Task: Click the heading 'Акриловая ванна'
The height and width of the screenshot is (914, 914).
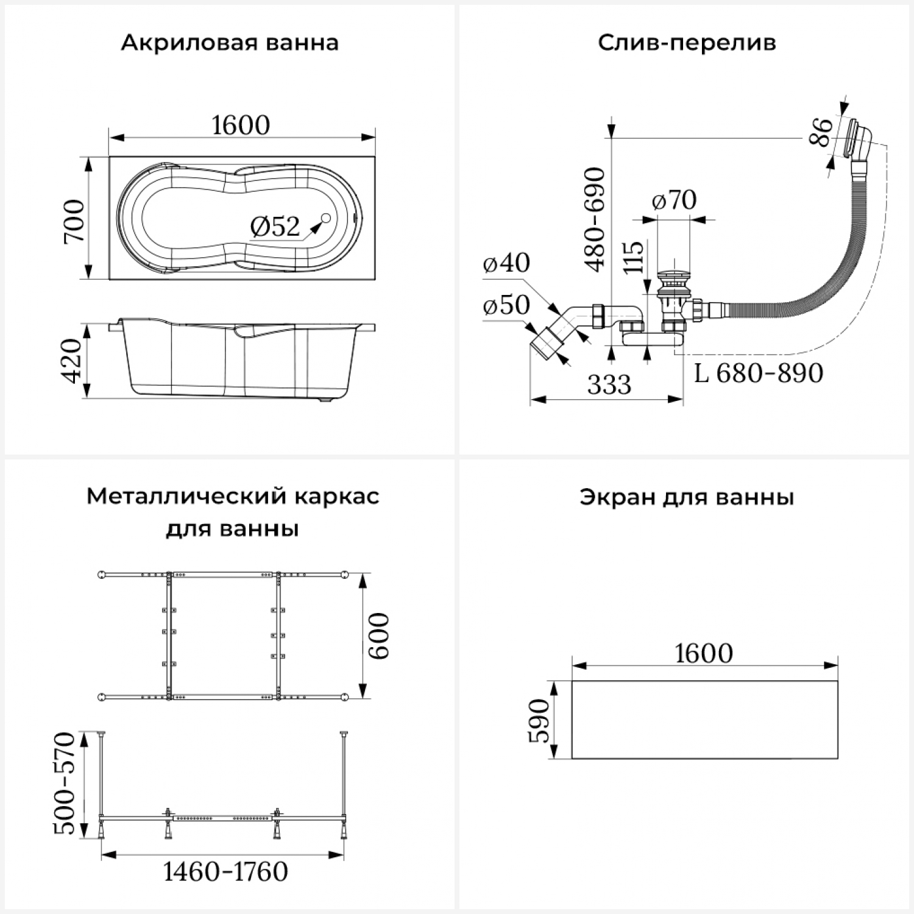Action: click(229, 43)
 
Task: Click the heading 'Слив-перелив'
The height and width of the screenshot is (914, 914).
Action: click(686, 43)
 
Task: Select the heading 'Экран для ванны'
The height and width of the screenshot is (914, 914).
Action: click(686, 497)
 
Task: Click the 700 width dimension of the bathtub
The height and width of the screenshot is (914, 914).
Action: click(75, 221)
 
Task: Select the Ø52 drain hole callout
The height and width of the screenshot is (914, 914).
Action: click(275, 227)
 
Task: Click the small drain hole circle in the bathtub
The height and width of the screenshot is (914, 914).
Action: click(325, 219)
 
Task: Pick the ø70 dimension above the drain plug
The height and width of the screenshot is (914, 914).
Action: click(674, 200)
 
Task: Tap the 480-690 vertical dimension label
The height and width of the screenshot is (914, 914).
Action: click(595, 219)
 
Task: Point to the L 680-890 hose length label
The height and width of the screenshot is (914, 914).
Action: click(759, 373)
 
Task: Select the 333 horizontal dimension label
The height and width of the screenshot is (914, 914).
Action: click(609, 384)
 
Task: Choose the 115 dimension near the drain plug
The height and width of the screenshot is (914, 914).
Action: click(634, 257)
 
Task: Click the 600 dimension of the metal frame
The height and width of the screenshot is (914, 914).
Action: click(378, 636)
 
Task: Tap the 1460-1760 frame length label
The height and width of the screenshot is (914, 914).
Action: click(225, 872)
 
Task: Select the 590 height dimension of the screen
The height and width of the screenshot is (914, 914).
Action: click(539, 721)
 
